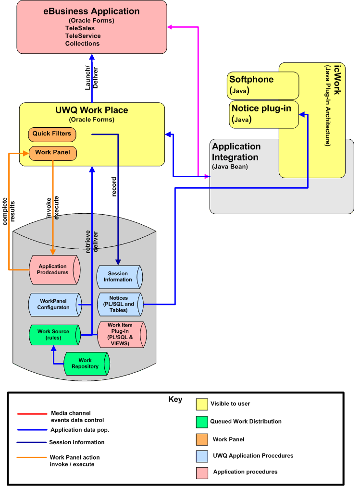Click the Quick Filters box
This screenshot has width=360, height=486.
click(51, 134)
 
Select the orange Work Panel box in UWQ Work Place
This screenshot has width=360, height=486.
click(51, 153)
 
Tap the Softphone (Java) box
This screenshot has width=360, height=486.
click(262, 85)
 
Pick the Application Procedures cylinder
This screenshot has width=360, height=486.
click(53, 269)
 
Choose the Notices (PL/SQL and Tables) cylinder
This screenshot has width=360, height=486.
click(120, 304)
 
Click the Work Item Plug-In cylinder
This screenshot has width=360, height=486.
click(121, 334)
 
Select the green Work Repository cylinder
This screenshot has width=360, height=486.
click(86, 364)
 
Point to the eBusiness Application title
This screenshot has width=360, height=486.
click(91, 11)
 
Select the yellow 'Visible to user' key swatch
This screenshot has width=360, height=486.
click(202, 404)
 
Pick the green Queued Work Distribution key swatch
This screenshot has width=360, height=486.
click(202, 422)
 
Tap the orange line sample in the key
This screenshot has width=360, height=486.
click(31, 457)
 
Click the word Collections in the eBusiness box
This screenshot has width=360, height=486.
click(82, 44)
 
